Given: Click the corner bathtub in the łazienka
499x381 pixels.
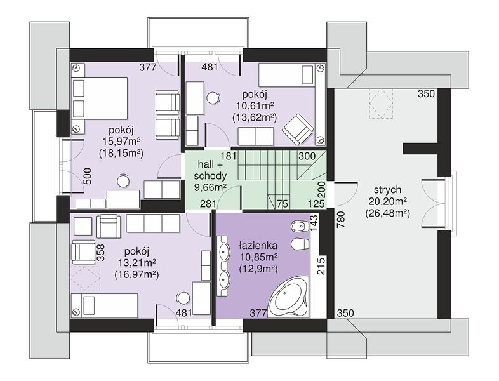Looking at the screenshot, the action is (x=289, y=298).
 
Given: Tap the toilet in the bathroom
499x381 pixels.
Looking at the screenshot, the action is (x=300, y=244).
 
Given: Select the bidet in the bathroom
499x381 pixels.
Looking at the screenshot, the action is (x=300, y=226).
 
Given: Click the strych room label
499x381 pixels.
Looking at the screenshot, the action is (x=387, y=190).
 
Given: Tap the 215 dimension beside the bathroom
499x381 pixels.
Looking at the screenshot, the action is (x=321, y=266).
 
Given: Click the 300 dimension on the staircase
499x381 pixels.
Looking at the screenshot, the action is (x=307, y=156).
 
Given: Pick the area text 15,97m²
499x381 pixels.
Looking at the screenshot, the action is (x=122, y=141).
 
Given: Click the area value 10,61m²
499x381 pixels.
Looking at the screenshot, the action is (x=255, y=105).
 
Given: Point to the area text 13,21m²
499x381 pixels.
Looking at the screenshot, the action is (x=137, y=263).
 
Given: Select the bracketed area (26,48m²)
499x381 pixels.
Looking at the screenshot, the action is (x=387, y=213).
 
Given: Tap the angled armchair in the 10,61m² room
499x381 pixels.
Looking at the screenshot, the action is (x=298, y=129).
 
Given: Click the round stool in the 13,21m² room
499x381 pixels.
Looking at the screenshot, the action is (x=183, y=298).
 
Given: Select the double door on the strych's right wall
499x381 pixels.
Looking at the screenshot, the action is (x=434, y=204).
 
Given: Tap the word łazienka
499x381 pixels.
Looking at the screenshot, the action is (x=258, y=245).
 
